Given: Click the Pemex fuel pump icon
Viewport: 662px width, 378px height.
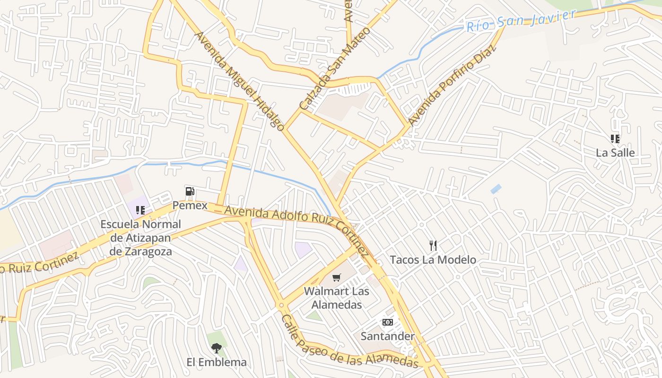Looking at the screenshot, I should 190,191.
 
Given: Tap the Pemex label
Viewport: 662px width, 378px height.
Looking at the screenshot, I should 190,206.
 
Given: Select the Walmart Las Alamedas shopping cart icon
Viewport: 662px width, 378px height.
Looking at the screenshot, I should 336,277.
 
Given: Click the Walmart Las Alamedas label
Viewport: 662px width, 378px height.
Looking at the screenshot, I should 336,298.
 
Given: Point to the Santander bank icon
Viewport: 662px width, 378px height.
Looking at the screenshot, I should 387,322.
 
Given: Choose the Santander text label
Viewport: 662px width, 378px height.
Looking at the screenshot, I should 387,336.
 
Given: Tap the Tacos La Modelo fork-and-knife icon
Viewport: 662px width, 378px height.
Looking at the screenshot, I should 433,245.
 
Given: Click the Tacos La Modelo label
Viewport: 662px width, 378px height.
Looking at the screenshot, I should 433,260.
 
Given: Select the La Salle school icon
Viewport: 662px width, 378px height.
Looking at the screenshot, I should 615,139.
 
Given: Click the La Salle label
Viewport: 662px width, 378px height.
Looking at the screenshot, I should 615,153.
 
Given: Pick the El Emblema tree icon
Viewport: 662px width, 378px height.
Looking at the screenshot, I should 216,348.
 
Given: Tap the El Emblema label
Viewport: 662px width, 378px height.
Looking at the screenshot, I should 216,362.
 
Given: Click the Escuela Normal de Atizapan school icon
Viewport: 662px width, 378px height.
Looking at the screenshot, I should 140,210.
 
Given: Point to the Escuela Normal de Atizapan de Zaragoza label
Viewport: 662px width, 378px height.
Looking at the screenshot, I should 140,238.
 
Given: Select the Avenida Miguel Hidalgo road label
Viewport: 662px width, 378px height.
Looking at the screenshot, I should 240,81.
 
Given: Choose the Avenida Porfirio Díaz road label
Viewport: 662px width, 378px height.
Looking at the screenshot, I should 452,85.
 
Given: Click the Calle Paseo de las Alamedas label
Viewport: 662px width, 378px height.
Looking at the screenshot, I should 349,342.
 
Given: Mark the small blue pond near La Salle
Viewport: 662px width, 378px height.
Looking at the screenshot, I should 496,189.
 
